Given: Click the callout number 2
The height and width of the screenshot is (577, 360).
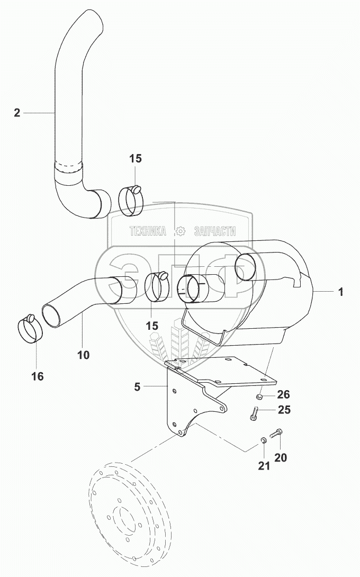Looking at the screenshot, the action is (x=17, y=113).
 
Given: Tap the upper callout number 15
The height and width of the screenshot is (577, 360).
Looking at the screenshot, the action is (x=136, y=159).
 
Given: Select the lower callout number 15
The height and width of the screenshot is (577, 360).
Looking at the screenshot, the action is (x=151, y=326).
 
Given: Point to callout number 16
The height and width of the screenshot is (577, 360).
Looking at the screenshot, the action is (x=38, y=376).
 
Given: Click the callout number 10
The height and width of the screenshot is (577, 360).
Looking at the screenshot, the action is (x=84, y=355).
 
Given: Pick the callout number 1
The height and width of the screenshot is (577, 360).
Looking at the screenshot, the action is (x=341, y=292).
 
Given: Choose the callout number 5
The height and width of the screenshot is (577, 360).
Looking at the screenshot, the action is (x=137, y=387).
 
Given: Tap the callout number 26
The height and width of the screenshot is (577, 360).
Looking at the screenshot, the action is (x=283, y=394).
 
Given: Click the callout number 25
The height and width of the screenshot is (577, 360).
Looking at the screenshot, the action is (x=284, y=410).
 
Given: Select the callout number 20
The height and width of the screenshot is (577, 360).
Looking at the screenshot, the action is (x=281, y=457).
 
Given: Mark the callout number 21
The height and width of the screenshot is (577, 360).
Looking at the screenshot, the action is (x=264, y=466).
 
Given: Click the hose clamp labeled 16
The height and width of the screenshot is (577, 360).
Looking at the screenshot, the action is (x=31, y=329).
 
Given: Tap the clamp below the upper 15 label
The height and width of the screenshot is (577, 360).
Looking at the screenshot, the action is (x=131, y=201).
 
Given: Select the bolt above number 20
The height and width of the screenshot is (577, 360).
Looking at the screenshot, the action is (x=275, y=433).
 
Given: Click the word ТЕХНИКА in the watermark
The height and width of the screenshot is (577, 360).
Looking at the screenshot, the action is (x=148, y=231).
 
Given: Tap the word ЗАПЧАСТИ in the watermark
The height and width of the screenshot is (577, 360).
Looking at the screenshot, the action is (x=214, y=231).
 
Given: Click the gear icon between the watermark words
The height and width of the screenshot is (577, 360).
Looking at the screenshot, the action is (x=180, y=231).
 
